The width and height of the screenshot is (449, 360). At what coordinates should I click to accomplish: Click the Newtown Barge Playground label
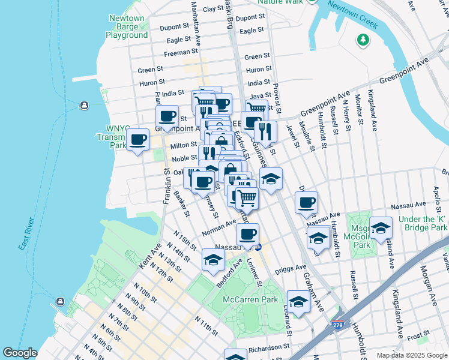coord(127,27)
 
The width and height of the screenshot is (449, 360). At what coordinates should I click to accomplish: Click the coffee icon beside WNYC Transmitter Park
coord(138,140)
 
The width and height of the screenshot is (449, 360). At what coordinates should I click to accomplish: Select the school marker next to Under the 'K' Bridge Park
coord(381,228)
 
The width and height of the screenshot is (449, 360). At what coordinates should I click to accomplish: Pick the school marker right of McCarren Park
coord(298,302)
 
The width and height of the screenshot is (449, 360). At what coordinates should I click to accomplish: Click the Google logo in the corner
coord(20,353)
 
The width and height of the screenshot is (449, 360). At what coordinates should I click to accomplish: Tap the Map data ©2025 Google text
coord(412,355)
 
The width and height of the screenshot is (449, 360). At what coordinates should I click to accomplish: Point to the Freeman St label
coord(177,53)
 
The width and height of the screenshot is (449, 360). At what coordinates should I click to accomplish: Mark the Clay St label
coord(212,9)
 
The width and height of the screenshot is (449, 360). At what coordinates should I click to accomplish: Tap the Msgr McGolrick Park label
coord(361,232)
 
